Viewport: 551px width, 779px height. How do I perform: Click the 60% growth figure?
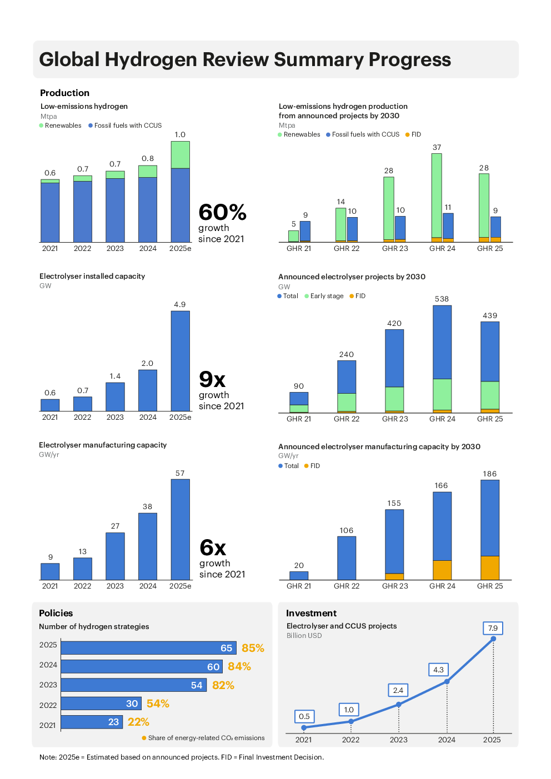tap(222, 213)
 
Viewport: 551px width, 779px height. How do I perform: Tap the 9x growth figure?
tap(212, 380)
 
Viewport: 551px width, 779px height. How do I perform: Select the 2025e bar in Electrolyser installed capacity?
tap(180, 361)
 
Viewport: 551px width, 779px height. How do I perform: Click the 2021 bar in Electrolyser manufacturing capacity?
tap(50, 571)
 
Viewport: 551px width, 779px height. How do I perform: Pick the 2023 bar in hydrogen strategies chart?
tap(133, 685)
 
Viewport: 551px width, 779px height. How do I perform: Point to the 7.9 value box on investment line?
tap(493, 628)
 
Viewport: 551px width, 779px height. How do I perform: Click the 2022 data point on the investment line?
tap(351, 721)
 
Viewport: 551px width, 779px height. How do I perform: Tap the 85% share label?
tap(253, 648)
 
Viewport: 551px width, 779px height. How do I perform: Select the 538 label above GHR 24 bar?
tap(442, 299)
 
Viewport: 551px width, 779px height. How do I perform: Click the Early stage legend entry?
tap(327, 296)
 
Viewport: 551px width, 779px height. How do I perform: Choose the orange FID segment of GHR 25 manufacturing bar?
tap(490, 567)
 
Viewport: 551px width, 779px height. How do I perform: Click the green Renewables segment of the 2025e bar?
tap(180, 155)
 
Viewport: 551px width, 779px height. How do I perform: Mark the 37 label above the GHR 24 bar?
tap(437, 147)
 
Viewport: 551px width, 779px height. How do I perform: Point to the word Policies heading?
tap(56, 613)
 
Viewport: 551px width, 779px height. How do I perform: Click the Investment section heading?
tap(311, 613)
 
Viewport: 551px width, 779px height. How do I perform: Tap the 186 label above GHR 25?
tap(489, 474)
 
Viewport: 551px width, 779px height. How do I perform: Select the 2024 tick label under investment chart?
tap(447, 740)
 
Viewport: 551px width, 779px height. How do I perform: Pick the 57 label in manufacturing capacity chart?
tap(180, 473)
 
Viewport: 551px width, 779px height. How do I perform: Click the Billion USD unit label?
tap(304, 636)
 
